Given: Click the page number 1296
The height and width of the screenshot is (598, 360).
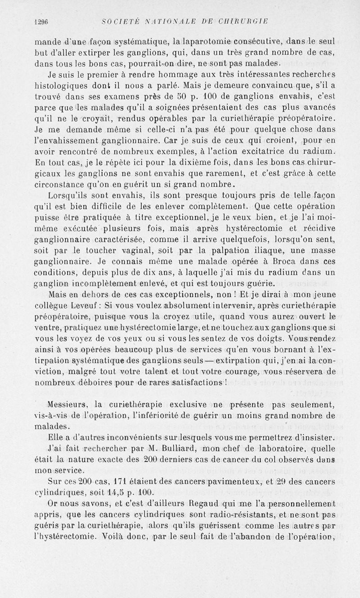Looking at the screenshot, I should coord(41,20).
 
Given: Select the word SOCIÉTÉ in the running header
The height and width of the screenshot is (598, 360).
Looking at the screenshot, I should coord(119,20).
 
